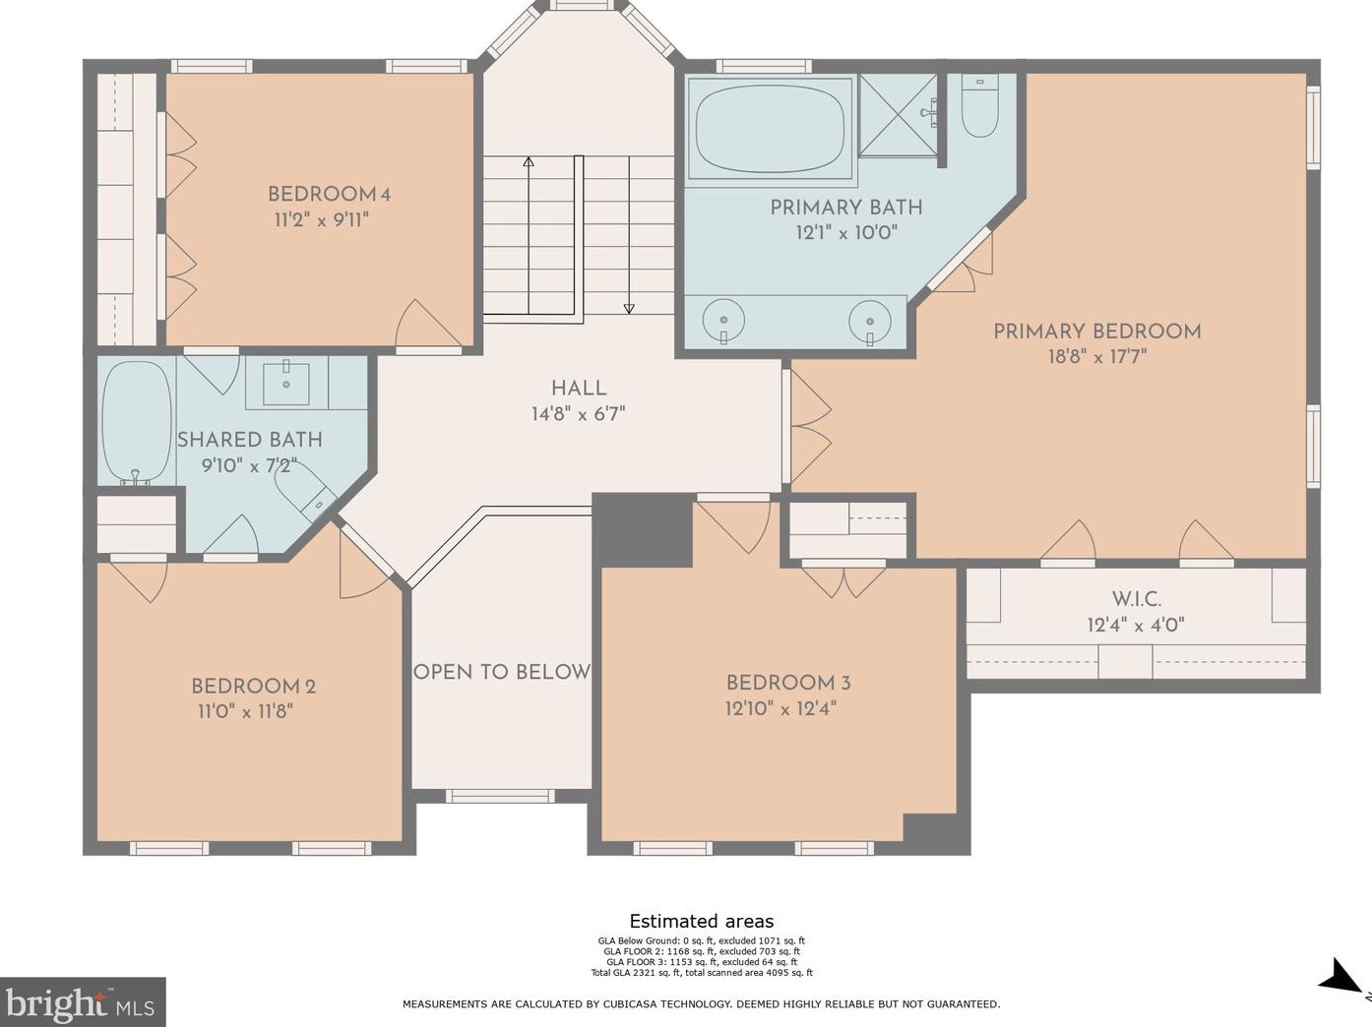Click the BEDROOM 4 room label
[329, 194]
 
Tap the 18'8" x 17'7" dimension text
[1097, 357]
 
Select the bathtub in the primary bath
[770, 128]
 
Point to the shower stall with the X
[899, 115]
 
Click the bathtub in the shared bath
[136, 422]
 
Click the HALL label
[579, 389]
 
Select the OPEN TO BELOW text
[502, 672]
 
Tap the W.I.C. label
[1137, 600]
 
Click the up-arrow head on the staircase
[529, 161]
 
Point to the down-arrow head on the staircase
[629, 309]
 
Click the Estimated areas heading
[702, 922]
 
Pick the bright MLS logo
[82, 1002]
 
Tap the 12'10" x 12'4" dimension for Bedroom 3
[780, 709]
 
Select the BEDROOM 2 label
[253, 687]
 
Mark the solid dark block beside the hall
[643, 530]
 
